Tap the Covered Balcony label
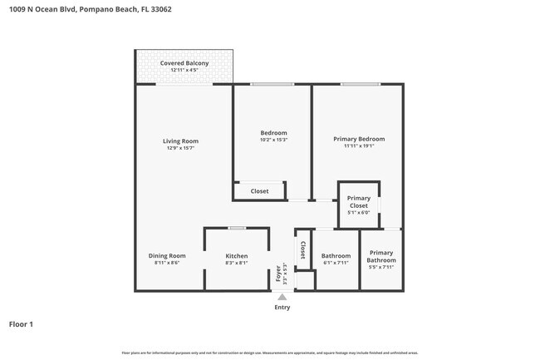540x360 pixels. (184, 63)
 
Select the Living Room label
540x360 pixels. (180, 141)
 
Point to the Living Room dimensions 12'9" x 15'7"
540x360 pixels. (180, 148)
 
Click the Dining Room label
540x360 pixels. (167, 255)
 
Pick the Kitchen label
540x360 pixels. (237, 255)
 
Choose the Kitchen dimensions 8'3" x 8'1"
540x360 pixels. (237, 263)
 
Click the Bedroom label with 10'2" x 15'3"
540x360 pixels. (273, 133)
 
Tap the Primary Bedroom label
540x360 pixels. (359, 139)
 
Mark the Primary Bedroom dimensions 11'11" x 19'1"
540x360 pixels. (359, 145)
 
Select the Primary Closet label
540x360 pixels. (359, 201)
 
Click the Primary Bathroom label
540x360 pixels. (381, 256)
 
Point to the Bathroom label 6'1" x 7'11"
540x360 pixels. (336, 255)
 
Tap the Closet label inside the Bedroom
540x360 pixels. (260, 191)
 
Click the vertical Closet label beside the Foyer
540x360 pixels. (302, 250)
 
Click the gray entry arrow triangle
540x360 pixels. (282, 297)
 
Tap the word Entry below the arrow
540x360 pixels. (282, 307)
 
